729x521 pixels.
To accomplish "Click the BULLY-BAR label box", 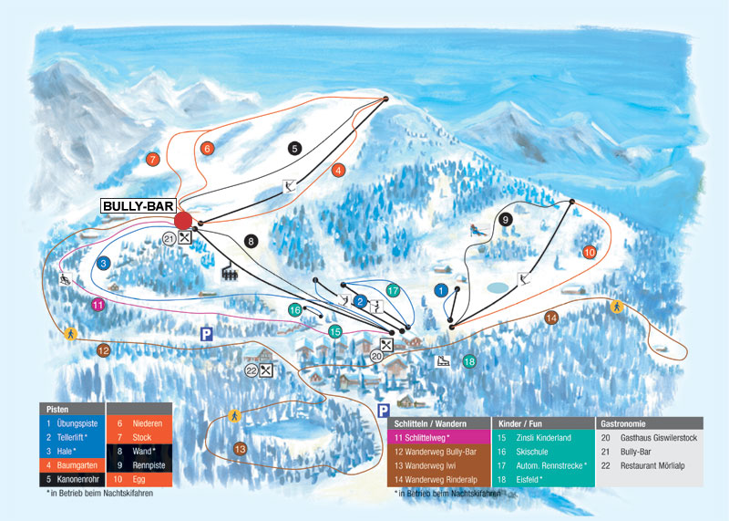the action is point(139,206).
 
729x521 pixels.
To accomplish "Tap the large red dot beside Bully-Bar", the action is point(183,221).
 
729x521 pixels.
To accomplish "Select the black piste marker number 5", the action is point(294,149).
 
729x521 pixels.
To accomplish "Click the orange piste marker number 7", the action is point(152,160).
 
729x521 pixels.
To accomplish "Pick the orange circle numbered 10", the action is point(590,252).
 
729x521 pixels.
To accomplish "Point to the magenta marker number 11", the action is point(98,305).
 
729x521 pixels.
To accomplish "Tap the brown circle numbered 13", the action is point(240,449).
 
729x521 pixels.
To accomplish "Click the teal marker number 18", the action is point(469,360).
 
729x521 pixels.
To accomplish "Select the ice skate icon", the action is point(442,360).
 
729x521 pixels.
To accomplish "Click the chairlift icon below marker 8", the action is point(230,273).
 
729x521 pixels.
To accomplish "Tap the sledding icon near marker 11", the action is point(66,279).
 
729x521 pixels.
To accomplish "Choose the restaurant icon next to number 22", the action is point(266,370).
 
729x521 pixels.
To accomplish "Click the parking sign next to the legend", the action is point(383,411).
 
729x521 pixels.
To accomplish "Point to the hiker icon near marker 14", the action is point(617,307).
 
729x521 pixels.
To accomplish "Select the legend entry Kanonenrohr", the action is point(78,479).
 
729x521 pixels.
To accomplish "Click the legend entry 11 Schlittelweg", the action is point(422,438).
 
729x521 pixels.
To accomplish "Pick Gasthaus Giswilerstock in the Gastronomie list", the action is point(658,438).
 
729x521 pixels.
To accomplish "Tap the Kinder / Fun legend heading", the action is point(520,423).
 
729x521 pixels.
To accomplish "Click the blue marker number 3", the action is point(103,263).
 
